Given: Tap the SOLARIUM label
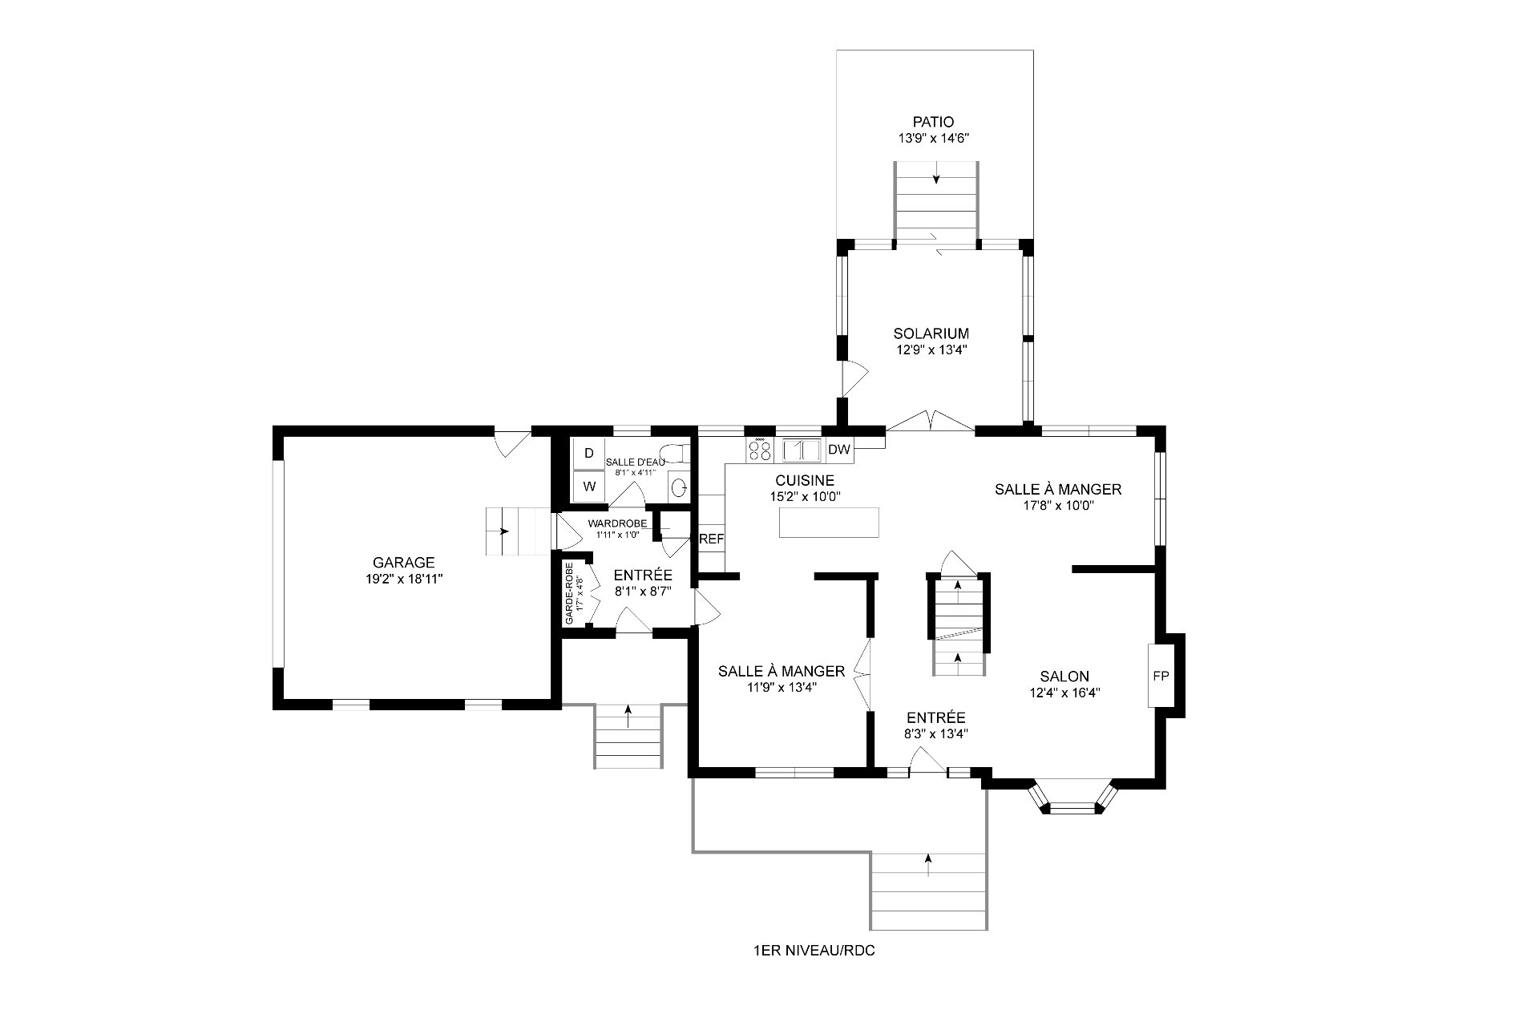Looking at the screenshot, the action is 931,333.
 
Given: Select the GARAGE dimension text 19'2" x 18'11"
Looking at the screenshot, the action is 403,579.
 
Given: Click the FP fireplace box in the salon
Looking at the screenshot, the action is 1160,676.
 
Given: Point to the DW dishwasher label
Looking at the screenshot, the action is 838,450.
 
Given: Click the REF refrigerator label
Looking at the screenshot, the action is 711,539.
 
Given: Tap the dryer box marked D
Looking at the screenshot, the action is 589,453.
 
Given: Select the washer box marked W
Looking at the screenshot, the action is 589,486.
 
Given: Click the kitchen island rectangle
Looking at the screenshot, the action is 830,523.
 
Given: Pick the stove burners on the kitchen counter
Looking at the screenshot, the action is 760,450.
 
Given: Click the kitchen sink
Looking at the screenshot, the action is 802,450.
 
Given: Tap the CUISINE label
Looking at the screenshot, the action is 805,480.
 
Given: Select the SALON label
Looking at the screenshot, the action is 1064,677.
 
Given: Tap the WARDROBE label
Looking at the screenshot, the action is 617,523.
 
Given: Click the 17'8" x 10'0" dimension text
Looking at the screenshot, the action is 1058,506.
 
